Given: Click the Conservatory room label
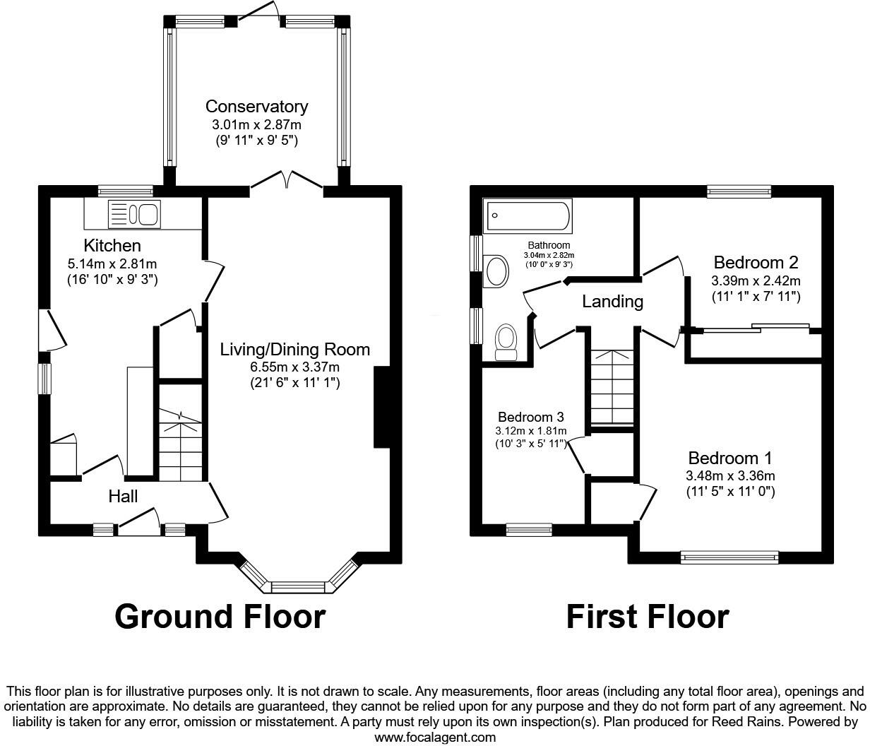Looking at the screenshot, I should pos(256,107).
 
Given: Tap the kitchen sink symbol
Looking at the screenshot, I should pos(134,214).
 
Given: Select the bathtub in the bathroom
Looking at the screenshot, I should pos(528,216).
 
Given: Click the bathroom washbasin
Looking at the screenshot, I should pos(497,271).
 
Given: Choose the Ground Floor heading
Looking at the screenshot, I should pos(220,616).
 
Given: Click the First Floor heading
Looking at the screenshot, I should pos(647,616).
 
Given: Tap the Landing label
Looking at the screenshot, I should pos(612,302).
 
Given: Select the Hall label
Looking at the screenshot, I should pos(123,497).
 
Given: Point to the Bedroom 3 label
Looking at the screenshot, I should pos(530,417).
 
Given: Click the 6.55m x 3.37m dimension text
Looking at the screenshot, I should pos(294,367).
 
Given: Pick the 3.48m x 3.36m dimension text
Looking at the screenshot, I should pos(730,476).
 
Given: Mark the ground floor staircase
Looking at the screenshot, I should pos(180,445).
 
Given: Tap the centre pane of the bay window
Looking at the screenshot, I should pos(298,586).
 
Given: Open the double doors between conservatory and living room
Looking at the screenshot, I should pos(286,181).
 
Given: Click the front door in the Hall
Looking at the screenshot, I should pos(138,521).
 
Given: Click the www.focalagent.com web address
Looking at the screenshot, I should pos(435,738).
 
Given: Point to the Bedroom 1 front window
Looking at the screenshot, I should pos(729,557).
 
